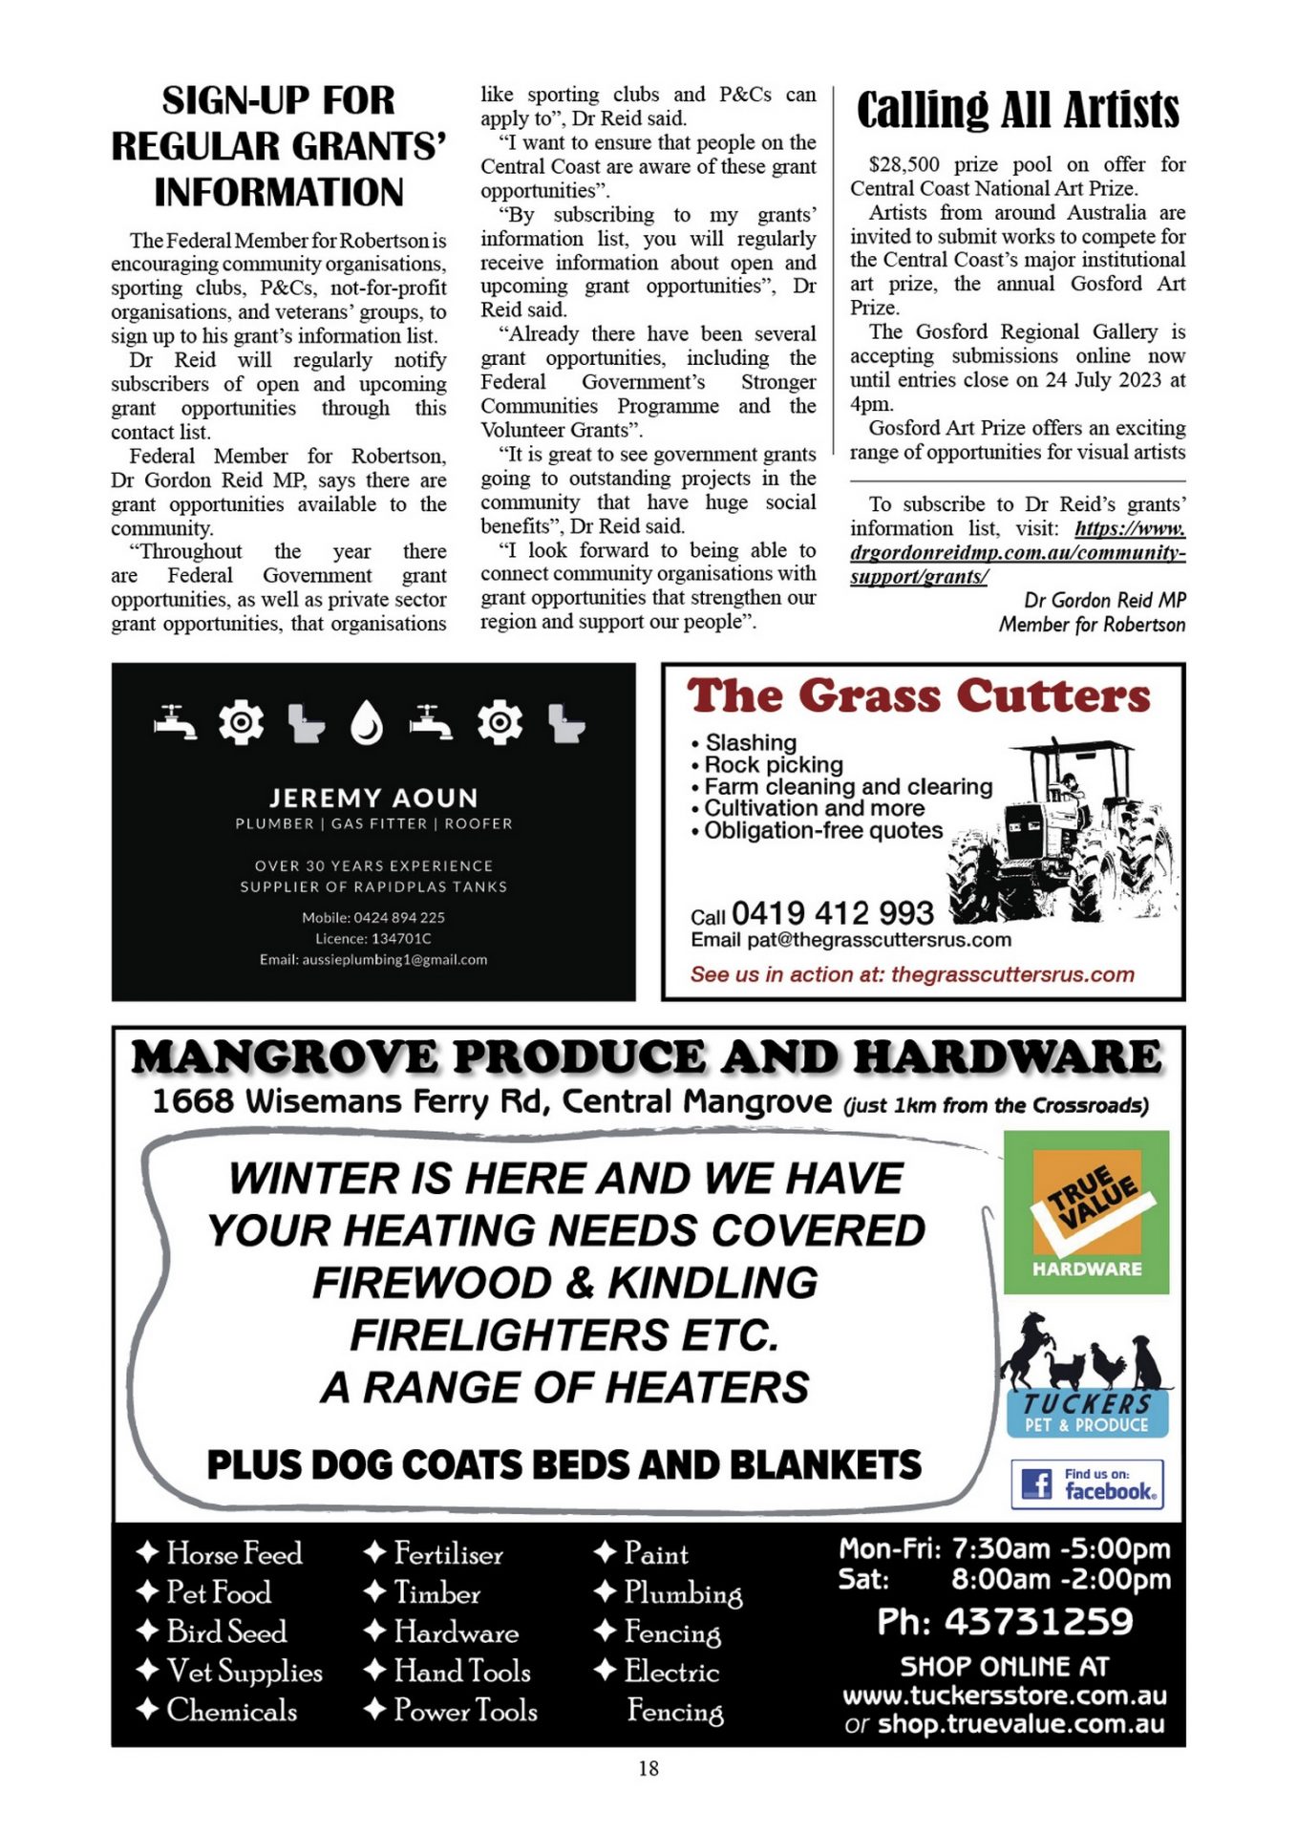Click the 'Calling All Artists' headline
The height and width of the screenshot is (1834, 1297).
click(1017, 111)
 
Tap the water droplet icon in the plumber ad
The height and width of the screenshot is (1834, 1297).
click(367, 723)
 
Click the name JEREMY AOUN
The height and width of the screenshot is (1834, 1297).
click(373, 798)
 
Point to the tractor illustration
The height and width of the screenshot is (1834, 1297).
click(1060, 831)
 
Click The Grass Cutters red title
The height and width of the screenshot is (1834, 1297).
click(919, 696)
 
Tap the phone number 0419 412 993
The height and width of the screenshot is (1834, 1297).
click(833, 913)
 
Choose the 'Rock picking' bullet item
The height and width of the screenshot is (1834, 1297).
click(774, 765)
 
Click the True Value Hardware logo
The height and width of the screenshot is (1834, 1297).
click(1086, 1212)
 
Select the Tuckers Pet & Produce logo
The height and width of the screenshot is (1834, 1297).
click(1086, 1377)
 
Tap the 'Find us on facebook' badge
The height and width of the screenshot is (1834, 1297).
click(1087, 1484)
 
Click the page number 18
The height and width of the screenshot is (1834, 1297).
click(648, 1768)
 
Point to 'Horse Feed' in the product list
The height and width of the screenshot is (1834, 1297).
click(234, 1553)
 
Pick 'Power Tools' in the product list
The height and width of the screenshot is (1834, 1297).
click(465, 1710)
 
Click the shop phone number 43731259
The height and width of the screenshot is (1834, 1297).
click(1037, 1622)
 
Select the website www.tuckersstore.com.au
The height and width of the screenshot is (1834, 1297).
click(1004, 1695)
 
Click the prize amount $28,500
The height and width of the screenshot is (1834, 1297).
click(904, 164)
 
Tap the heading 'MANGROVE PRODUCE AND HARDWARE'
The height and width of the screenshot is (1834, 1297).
click(647, 1057)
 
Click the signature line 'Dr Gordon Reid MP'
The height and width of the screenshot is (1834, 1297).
click(1104, 600)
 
